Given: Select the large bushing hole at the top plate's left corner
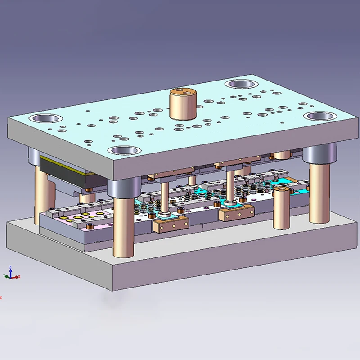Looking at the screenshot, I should (x=45, y=119).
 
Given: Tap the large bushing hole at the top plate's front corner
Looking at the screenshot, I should (x=125, y=151).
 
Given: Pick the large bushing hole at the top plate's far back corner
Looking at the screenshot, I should (x=241, y=84).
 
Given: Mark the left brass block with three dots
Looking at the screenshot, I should (x=170, y=224).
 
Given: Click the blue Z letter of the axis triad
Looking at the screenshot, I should (x=11, y=267).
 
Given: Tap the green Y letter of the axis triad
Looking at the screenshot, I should (x=4, y=276).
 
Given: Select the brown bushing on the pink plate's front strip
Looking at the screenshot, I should (x=90, y=225).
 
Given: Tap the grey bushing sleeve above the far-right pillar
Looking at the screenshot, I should (x=319, y=153).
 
